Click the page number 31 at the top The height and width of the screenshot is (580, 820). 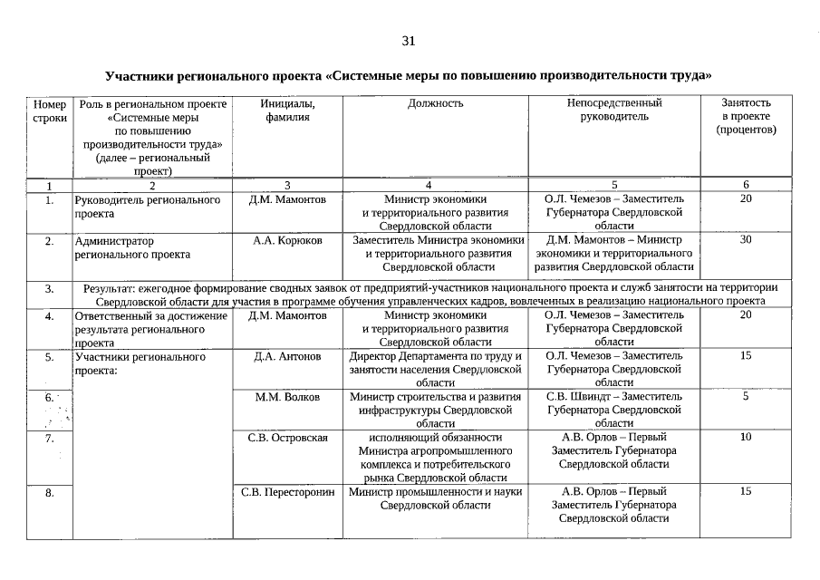[408, 41]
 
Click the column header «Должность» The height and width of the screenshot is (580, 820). [435, 103]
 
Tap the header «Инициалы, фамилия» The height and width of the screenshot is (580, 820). [287, 110]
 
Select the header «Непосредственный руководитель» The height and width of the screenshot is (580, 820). [614, 110]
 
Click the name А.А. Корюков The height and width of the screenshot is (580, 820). [287, 240]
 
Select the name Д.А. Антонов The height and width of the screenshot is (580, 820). [287, 356]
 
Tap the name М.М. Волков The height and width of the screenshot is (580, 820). [287, 396]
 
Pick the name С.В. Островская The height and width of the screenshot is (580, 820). [287, 437]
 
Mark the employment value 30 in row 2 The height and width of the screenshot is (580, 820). [746, 240]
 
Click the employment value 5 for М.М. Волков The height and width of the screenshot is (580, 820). [746, 396]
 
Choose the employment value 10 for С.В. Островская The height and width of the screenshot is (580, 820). [746, 437]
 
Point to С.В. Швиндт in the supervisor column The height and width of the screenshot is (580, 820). [582, 396]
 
